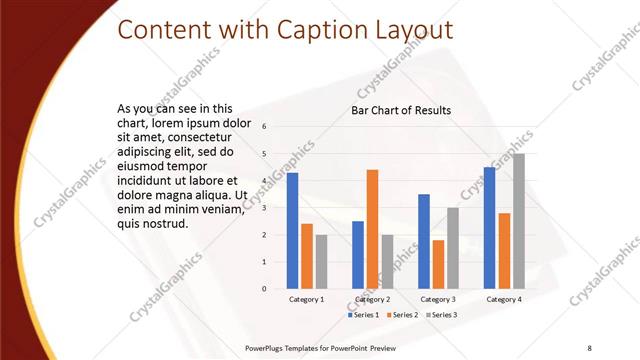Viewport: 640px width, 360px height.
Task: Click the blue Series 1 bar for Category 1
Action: point(292,231)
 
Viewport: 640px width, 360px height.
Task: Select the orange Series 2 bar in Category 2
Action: point(372,229)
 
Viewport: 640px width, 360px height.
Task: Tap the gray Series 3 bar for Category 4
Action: point(518,221)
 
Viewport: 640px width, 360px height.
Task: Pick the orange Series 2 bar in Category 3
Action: point(438,264)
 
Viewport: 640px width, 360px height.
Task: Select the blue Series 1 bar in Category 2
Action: point(358,255)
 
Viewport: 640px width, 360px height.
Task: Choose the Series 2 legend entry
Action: point(401,315)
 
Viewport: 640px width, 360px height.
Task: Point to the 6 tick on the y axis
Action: point(264,127)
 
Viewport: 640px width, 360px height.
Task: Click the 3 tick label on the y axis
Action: point(264,208)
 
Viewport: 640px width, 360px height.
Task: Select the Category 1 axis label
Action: point(306,299)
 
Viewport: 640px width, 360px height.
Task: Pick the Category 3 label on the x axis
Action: point(438,299)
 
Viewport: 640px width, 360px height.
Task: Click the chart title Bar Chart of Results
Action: point(400,110)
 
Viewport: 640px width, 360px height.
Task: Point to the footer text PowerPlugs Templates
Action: point(282,346)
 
